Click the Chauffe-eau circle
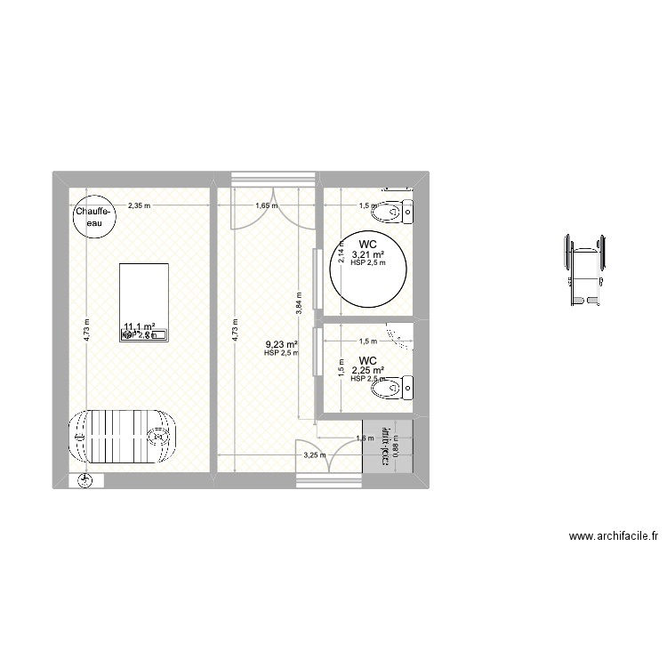coord(92,217)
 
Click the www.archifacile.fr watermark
coord(614,536)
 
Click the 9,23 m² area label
coord(281,344)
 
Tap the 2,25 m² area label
coord(367,371)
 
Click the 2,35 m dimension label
coord(138,205)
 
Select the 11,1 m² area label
coord(140,327)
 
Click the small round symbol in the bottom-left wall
coord(84,481)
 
